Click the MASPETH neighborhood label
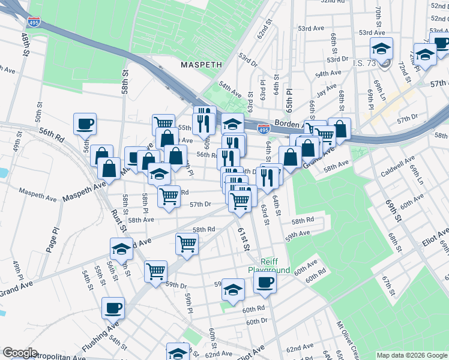[202, 64]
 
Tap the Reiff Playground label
[269, 265]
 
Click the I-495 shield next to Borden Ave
[263, 128]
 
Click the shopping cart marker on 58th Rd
[187, 244]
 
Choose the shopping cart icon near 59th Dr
[156, 271]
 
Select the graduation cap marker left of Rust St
[121, 249]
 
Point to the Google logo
[20, 353]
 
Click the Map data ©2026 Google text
[411, 355]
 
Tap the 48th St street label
[25, 45]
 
